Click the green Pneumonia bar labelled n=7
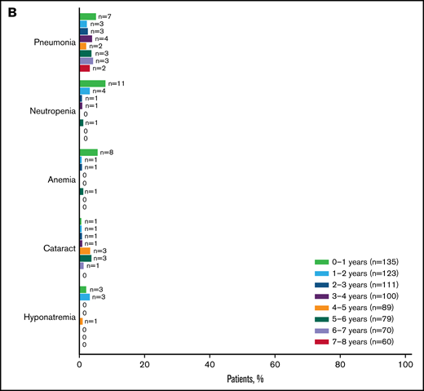[x=88, y=16]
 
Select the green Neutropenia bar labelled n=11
[x=92, y=83]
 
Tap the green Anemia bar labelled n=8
[x=89, y=152]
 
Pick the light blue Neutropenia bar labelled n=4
[x=85, y=91]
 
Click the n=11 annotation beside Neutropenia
[x=116, y=83]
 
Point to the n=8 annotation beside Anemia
[x=108, y=152]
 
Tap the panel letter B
[x=14, y=13]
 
